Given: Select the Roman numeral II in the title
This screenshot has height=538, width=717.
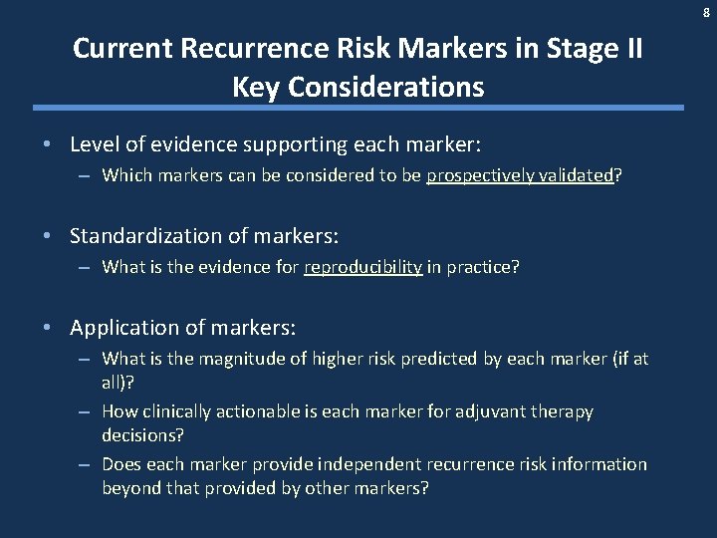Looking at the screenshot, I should pos(629,49).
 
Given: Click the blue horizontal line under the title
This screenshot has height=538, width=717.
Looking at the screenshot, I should pos(358,108).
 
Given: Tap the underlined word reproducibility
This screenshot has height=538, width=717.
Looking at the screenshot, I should pos(363,267).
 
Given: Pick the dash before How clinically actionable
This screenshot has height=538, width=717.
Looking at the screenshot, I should pos(85,411).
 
